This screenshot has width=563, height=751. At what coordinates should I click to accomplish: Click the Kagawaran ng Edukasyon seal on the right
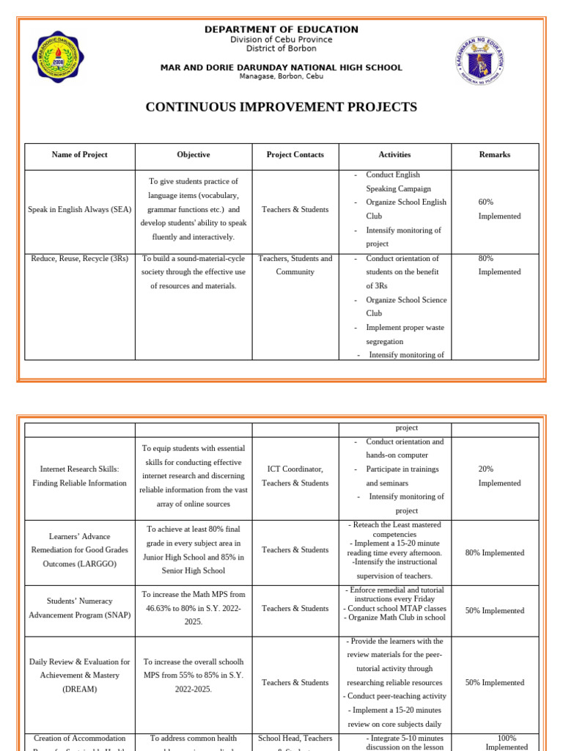point(480,61)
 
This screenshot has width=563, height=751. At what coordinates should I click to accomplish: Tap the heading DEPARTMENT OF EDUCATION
point(281,29)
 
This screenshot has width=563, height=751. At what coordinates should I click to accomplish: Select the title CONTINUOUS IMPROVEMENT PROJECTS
point(281,107)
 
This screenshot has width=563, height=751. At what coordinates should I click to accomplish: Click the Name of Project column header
point(79,155)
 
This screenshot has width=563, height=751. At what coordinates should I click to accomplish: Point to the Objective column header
point(194,155)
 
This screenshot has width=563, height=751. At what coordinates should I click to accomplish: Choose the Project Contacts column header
point(295,155)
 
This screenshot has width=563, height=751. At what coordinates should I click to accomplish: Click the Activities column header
point(394,155)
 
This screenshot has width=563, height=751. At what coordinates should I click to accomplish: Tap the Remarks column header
point(495,155)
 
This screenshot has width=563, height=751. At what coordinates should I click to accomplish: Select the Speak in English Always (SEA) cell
point(79,210)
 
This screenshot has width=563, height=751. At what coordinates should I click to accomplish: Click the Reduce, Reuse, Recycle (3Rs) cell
point(79,258)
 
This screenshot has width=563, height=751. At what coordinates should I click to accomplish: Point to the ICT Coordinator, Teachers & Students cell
point(295,476)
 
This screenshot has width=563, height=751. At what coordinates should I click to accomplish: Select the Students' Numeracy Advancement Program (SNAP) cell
point(79,608)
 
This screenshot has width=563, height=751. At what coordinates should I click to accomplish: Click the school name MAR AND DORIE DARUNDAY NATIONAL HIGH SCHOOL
point(281,67)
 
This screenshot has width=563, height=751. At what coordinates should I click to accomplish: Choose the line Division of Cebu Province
point(281,40)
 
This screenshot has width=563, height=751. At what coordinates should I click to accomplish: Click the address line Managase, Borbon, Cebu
point(281,76)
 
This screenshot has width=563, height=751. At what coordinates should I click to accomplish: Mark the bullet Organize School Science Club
point(405,307)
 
